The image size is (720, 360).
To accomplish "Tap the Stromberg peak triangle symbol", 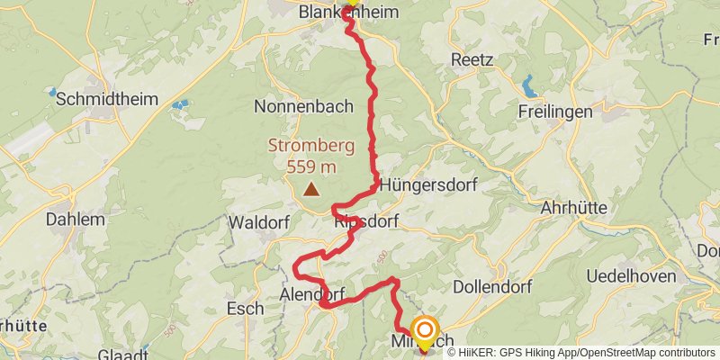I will tap(311, 189).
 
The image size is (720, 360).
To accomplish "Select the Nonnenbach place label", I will tap(303, 106).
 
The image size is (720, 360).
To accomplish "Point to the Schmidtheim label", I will tap(101, 100).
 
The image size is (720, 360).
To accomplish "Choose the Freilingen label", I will tap(555, 112).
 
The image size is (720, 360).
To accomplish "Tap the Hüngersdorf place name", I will tap(427, 186).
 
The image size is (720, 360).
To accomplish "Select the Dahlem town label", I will tap(68, 218).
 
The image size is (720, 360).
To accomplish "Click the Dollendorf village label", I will tap(493, 286).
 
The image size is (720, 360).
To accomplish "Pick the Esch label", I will tap(245, 309).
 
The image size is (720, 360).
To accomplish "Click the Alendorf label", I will tap(311, 294).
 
